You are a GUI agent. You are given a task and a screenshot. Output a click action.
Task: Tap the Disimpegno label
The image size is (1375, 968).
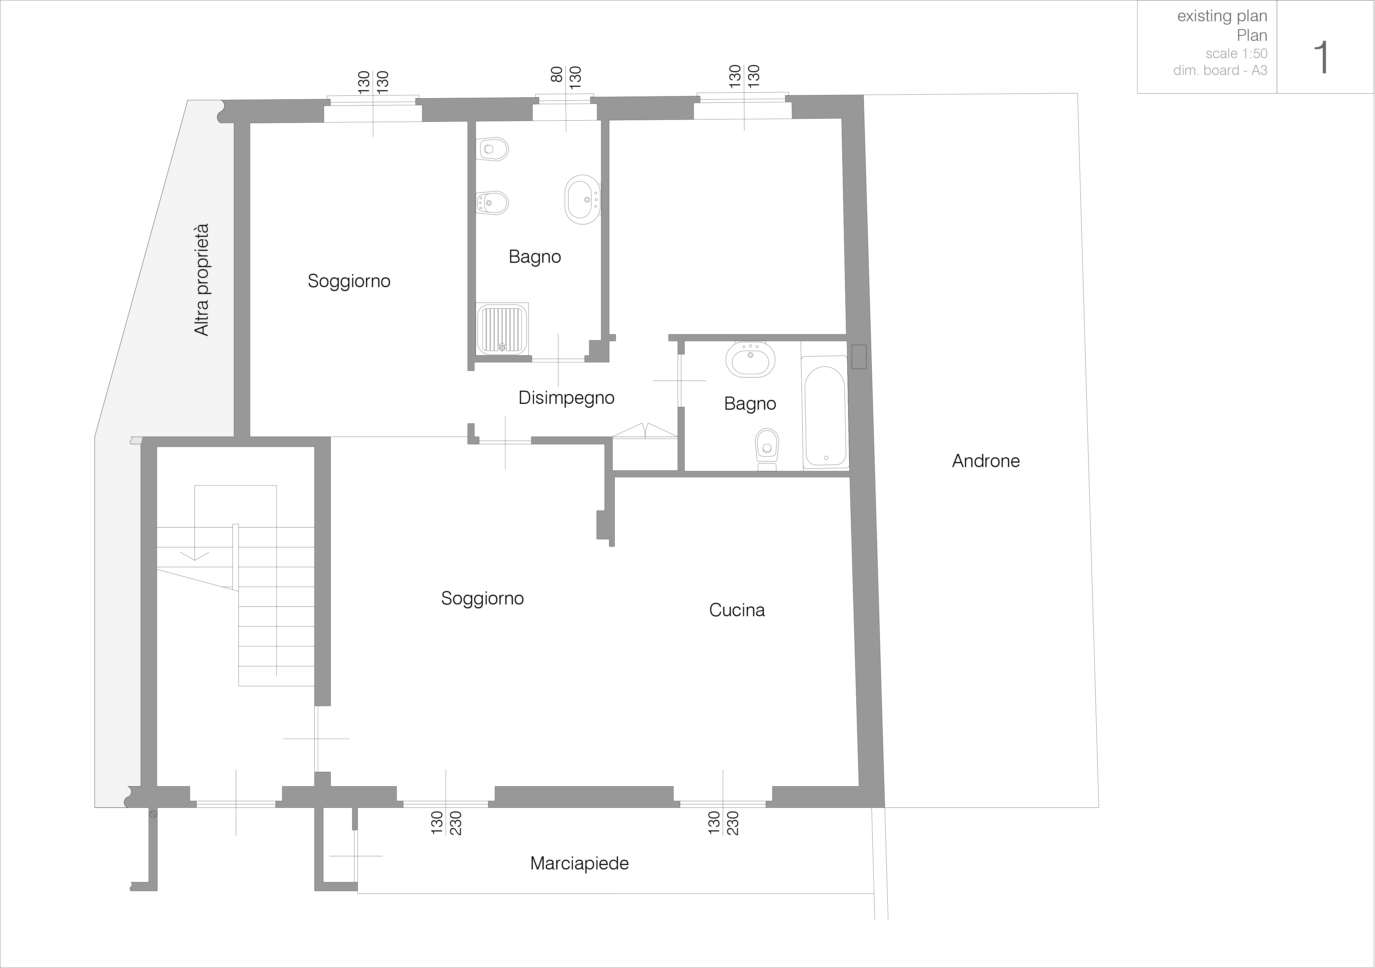(x=567, y=398)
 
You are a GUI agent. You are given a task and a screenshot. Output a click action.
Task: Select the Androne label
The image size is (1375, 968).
(x=986, y=461)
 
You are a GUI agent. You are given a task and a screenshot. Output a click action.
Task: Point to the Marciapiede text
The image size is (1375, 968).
(x=580, y=863)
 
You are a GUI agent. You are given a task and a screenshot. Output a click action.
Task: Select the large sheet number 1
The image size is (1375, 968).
(x=1320, y=58)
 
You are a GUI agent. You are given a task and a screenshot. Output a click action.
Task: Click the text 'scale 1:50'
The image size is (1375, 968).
(x=1237, y=53)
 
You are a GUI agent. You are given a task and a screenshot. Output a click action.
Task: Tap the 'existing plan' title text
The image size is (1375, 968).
(x=1222, y=16)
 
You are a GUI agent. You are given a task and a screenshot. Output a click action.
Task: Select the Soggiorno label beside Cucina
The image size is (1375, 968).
(x=483, y=598)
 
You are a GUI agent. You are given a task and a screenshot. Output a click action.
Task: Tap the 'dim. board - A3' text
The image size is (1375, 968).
(x=1221, y=70)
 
